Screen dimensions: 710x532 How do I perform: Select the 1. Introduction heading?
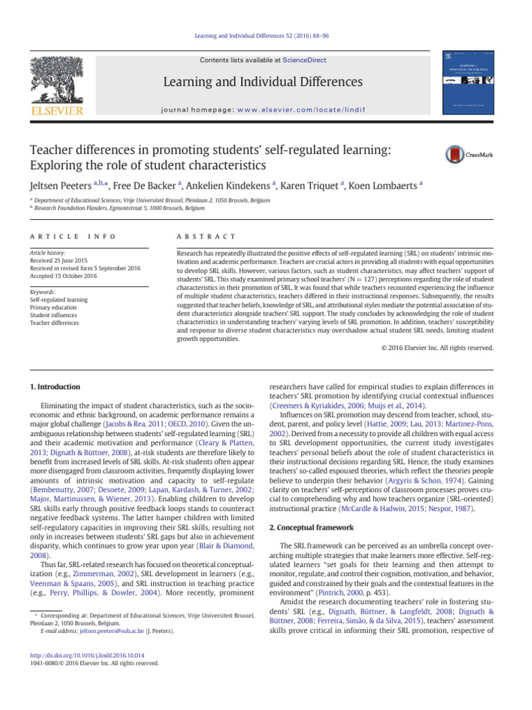coord(55,386)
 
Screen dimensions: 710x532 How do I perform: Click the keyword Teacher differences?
coord(55,322)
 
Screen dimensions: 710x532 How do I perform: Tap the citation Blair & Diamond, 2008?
coord(229,546)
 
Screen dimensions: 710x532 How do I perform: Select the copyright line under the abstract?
coord(438,347)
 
